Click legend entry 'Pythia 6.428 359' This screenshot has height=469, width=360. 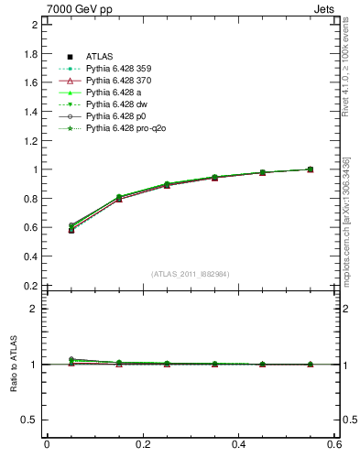point(122,69)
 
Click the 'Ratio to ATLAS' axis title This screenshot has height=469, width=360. point(13,364)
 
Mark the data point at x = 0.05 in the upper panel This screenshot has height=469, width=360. point(71,229)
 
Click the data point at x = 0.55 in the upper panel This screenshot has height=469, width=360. point(310,169)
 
